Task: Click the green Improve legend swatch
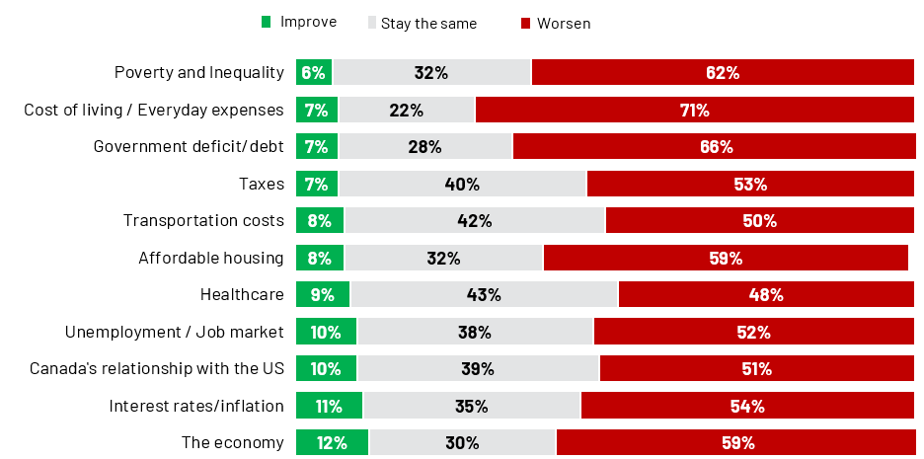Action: pos(266,22)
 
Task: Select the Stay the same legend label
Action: pos(428,23)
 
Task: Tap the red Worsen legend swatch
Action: pos(526,23)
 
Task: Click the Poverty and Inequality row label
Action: pos(199,72)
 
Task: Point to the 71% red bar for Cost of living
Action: pos(695,110)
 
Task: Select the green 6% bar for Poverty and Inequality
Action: pos(314,72)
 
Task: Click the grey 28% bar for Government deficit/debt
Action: pos(425,146)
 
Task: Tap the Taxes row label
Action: pos(262,184)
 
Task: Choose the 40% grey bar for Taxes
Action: pos(462,184)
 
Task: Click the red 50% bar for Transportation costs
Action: pos(759,220)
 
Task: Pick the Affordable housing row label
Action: pos(211,258)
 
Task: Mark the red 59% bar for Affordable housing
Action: pos(726,258)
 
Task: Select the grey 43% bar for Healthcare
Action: pos(484,294)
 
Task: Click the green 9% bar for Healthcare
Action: pos(323,294)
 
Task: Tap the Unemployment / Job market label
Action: pos(175,332)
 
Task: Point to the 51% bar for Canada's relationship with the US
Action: pos(756,368)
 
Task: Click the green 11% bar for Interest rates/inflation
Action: pos(329,406)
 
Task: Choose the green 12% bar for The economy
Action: pos(332,442)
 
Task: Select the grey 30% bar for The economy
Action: pos(462,442)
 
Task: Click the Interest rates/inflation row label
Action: pos(196,406)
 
